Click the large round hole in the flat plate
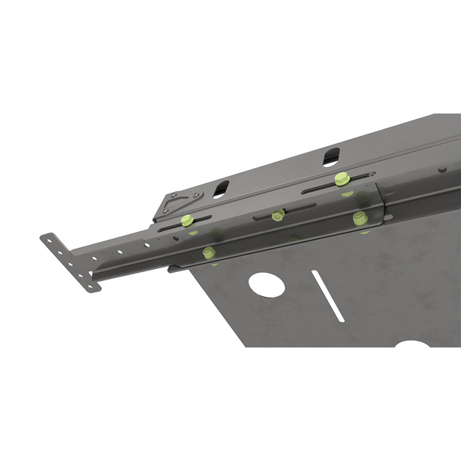point(267,284)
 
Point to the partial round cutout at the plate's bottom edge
point(413,344)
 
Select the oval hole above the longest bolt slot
point(331,158)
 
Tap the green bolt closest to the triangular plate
point(186,220)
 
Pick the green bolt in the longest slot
point(342,179)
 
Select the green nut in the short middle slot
point(277,215)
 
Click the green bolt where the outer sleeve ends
point(360,218)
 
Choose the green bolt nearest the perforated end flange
point(209,252)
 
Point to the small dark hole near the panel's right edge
point(442,169)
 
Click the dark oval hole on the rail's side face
point(175,237)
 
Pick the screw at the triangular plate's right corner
point(197,196)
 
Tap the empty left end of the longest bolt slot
point(308,190)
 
